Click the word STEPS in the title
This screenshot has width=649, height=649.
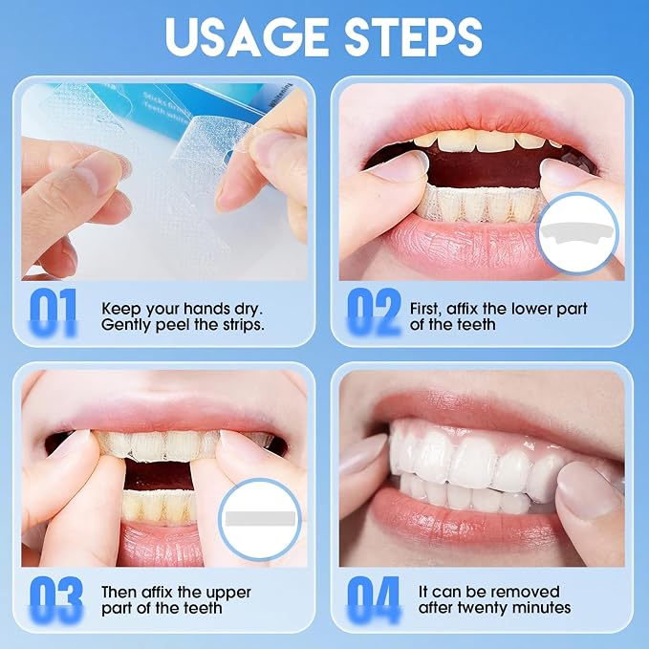coord(413,36)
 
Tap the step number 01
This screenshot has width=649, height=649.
coord(53,312)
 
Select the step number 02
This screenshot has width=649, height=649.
coord(374,312)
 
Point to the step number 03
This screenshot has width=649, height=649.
coord(55,599)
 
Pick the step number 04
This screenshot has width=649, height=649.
coord(374,599)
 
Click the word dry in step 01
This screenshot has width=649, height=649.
coord(249,310)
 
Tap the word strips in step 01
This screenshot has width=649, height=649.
coord(244,325)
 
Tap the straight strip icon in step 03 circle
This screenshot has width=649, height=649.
coord(260,517)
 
